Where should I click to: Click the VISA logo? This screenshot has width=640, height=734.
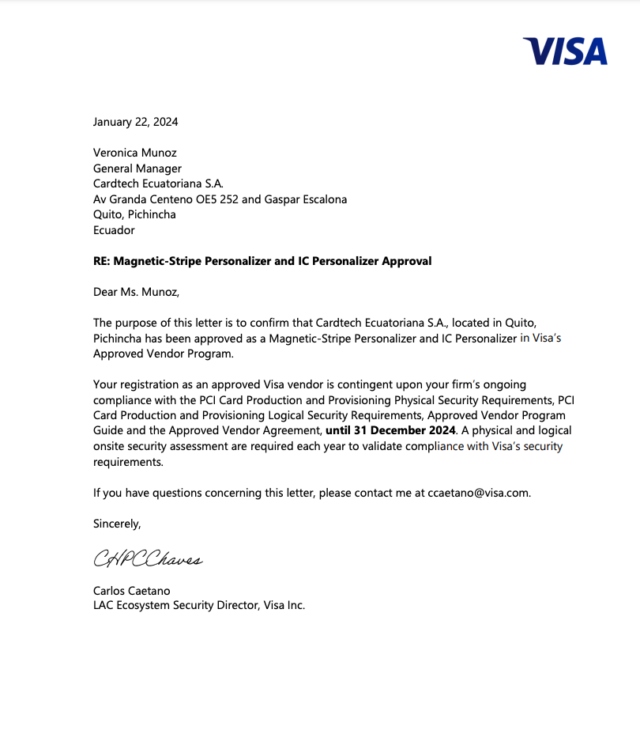(x=565, y=51)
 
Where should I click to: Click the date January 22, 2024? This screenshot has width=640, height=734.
(x=135, y=122)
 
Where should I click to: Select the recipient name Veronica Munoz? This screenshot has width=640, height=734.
(x=135, y=153)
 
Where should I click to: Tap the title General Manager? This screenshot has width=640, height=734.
(x=137, y=168)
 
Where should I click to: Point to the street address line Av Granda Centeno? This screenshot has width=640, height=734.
(x=220, y=199)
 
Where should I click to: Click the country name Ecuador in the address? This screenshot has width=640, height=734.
(x=114, y=230)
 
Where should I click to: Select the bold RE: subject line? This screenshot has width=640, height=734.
(x=262, y=261)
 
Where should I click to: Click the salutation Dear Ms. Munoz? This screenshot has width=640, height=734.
(x=136, y=292)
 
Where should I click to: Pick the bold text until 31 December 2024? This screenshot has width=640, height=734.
(x=390, y=431)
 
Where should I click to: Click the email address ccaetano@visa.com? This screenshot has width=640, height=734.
(x=478, y=493)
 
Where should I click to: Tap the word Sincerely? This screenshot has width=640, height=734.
(x=117, y=524)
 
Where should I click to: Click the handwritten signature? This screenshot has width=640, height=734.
(x=148, y=559)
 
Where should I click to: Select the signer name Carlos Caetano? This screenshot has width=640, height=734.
(x=131, y=591)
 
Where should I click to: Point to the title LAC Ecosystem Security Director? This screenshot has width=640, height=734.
(x=198, y=606)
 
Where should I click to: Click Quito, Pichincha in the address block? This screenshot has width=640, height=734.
(x=134, y=214)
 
